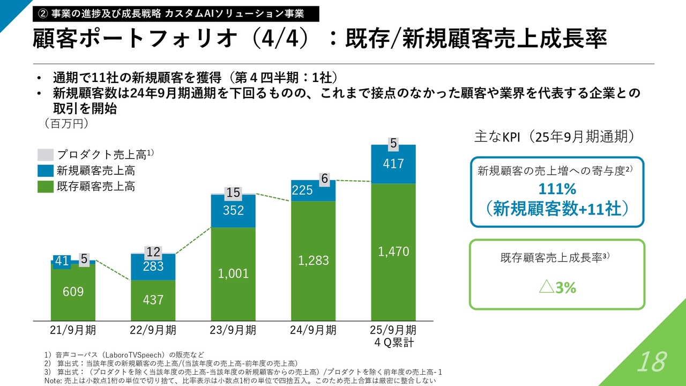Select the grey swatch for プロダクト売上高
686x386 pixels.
pos(46,155)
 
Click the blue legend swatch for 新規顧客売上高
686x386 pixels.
pos(46,171)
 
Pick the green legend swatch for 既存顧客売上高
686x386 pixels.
pos(46,187)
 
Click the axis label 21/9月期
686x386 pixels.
pos(73,330)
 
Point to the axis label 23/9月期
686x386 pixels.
pos(233,330)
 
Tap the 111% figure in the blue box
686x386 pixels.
pos(557,189)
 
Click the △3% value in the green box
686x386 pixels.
pos(557,288)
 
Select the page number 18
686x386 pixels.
pos(652,362)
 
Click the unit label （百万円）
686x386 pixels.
pos(66,124)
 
